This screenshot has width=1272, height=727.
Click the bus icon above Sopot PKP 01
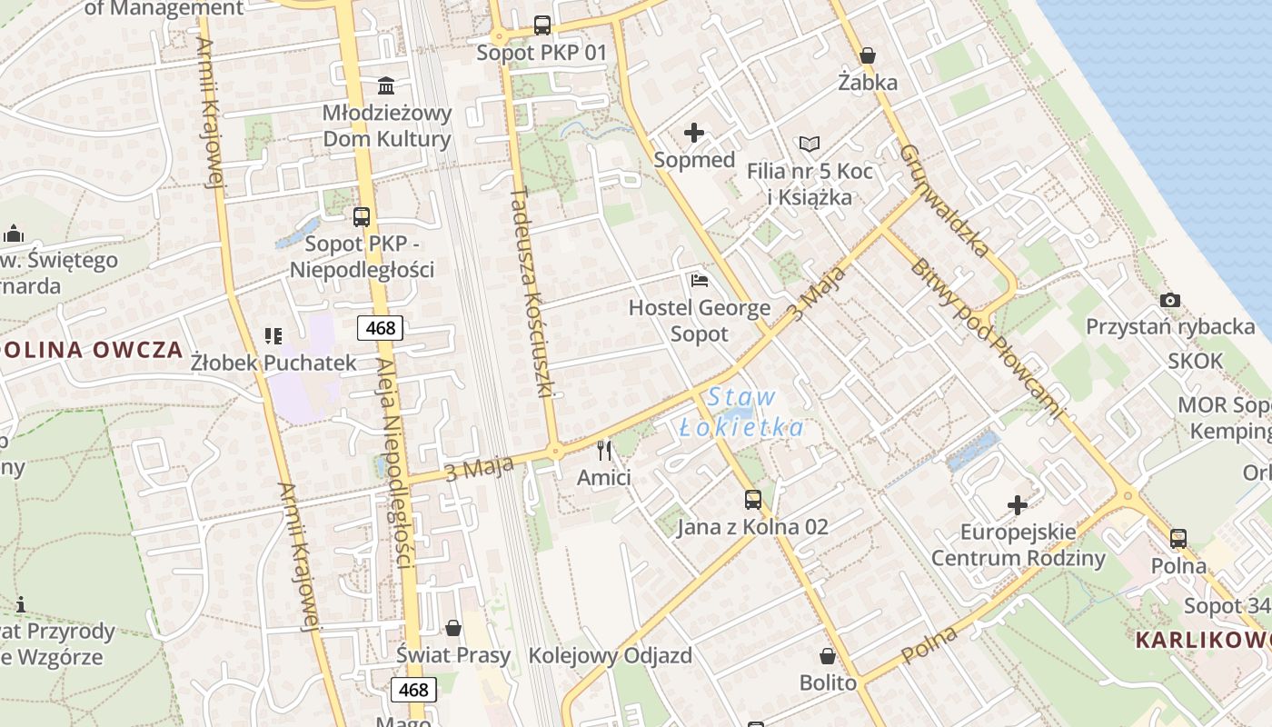(x=542, y=25)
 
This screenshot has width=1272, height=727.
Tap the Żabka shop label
(x=868, y=83)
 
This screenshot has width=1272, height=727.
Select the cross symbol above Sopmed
(x=694, y=134)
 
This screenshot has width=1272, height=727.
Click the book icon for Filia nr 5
(x=809, y=144)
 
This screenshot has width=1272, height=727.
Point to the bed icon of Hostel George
(x=700, y=280)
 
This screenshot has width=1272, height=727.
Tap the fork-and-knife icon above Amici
(x=604, y=450)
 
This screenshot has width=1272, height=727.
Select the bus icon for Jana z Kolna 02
(x=752, y=499)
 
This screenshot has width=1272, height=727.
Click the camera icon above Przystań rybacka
(x=1170, y=300)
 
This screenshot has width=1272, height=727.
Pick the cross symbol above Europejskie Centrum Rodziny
(x=1018, y=504)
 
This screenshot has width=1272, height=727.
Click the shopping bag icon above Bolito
(x=828, y=655)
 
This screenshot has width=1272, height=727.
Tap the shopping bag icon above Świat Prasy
(x=453, y=628)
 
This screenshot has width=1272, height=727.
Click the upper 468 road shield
(x=380, y=327)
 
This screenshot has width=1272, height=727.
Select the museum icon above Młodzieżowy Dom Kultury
(x=386, y=86)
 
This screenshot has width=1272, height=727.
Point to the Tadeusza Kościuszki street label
(x=532, y=292)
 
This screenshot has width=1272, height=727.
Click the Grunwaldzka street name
(x=946, y=201)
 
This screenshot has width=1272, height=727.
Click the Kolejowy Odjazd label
(x=610, y=655)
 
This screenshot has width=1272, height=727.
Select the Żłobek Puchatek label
(x=273, y=363)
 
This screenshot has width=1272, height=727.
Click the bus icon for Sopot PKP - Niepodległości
(x=362, y=216)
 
